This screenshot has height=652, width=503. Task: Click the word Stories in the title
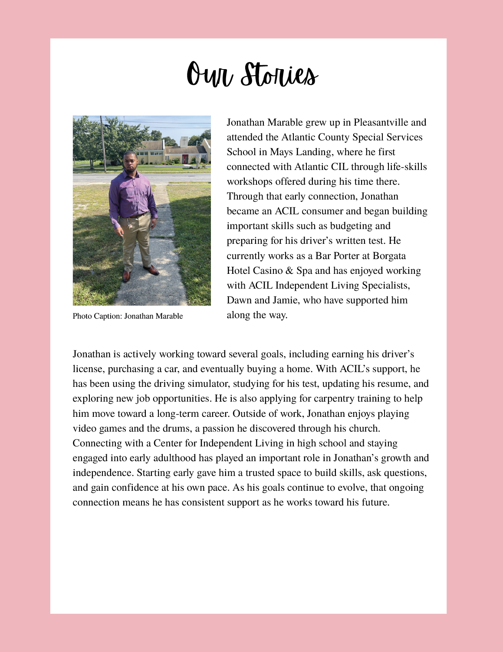coord(279,74)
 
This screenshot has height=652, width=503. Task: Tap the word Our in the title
coord(209,75)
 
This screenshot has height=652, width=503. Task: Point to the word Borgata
coord(389,256)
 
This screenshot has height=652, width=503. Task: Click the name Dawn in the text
coord(239,300)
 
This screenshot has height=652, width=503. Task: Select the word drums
coord(176,429)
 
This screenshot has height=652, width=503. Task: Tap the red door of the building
coord(185,159)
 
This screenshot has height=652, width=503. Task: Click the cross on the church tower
coord(184,142)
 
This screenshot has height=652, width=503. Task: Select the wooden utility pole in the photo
coord(103,143)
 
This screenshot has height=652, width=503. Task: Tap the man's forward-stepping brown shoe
coord(152,270)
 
